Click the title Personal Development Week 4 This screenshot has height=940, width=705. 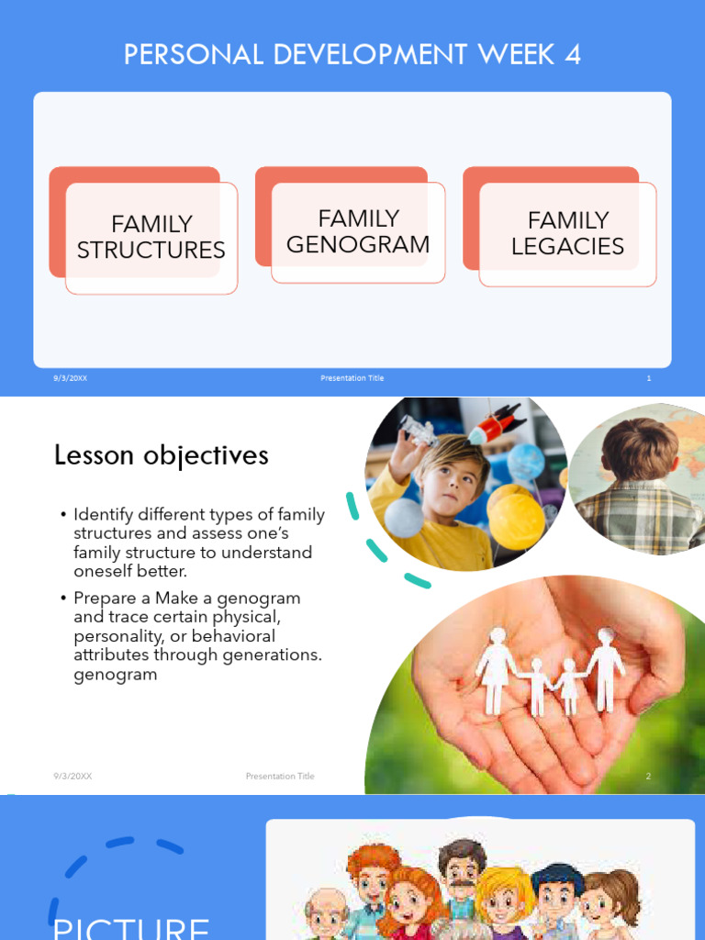tap(352, 55)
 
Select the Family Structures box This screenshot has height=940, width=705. tap(151, 237)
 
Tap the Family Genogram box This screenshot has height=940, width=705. tap(358, 231)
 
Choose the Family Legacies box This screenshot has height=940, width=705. tap(567, 233)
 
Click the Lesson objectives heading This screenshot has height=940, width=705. tap(161, 455)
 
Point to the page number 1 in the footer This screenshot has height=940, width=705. tap(648, 378)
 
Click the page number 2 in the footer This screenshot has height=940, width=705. tap(647, 777)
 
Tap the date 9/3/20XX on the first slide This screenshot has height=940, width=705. tap(71, 378)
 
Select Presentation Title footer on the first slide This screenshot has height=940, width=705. tap(352, 378)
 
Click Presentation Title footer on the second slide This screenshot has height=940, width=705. tap(280, 777)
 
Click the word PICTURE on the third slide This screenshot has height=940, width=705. tap(131, 927)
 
